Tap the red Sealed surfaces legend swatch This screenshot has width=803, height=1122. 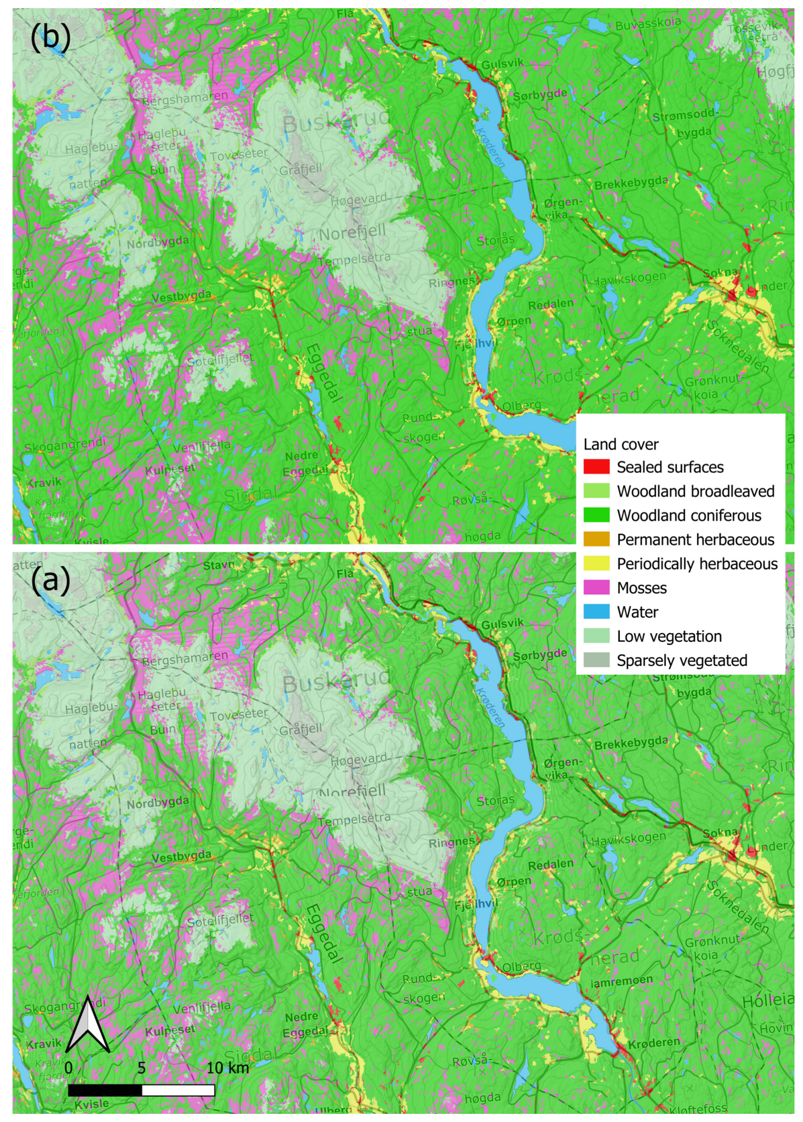point(596,467)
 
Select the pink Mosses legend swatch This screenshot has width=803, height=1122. point(596,588)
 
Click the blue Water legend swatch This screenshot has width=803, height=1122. point(596,612)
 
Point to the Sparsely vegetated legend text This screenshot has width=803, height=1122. point(682,660)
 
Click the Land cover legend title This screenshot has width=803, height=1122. point(621,444)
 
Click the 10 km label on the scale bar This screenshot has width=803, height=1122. point(227,1068)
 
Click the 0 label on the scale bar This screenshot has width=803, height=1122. point(69,1068)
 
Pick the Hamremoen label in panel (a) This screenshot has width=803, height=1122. point(621,981)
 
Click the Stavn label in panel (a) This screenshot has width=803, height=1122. point(219,565)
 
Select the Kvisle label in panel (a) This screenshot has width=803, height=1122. point(92,1103)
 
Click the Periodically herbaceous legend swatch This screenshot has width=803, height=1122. point(596,563)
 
